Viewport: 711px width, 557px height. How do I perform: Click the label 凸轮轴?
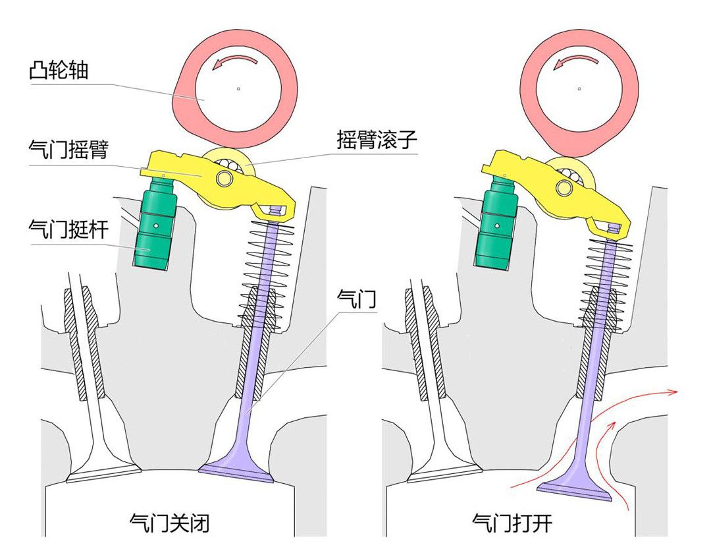(x=59, y=71)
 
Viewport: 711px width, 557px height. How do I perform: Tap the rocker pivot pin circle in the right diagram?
(x=564, y=187)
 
